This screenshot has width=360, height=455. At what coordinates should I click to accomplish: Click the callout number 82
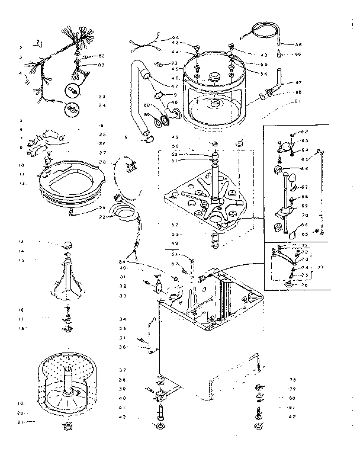pos(101,55)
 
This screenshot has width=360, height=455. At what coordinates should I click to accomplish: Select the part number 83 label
pos(101,65)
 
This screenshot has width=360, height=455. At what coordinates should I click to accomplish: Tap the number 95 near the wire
pos(175,37)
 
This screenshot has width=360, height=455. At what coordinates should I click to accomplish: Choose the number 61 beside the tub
pos(298,102)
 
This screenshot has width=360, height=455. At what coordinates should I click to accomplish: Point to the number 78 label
pos(292,379)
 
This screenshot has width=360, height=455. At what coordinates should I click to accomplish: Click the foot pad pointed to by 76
pos(289,285)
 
